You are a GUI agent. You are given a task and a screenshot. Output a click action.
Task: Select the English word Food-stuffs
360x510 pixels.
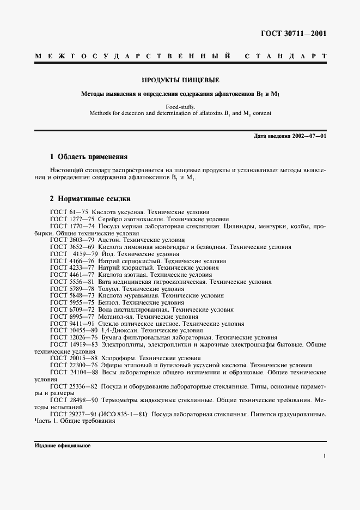[180, 107]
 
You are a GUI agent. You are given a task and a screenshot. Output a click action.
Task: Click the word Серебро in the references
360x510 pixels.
[109, 218]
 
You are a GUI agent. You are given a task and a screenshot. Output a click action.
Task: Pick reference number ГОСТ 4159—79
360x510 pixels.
[74, 254]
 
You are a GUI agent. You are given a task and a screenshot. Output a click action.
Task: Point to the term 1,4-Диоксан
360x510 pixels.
[119, 330]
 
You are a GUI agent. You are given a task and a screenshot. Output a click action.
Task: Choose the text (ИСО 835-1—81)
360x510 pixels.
[123, 414]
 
